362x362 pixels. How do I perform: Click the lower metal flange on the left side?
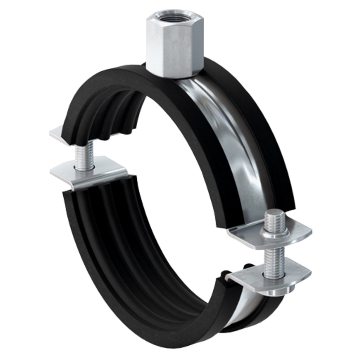tap(90, 174)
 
